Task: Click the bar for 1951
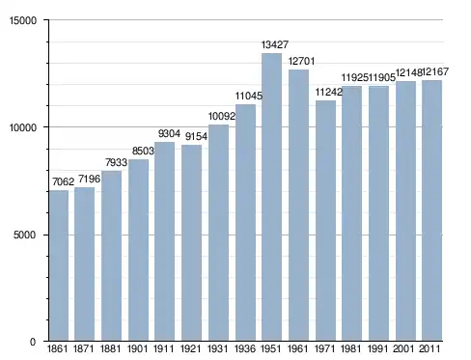tap(272, 197)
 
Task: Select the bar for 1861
tap(59, 265)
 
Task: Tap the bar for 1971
tap(325, 220)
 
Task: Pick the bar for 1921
tap(191, 242)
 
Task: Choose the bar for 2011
tap(431, 210)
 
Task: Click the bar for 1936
tap(245, 222)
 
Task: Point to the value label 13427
tap(275, 44)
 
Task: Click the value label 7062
tap(63, 181)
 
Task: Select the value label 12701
tap(301, 61)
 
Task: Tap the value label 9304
tap(169, 133)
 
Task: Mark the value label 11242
tap(328, 92)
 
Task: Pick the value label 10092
tap(222, 116)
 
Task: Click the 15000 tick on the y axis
tap(23, 20)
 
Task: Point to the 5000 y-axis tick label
tap(24, 235)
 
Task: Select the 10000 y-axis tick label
tap(23, 127)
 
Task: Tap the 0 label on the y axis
tap(33, 342)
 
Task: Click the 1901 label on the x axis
tap(137, 348)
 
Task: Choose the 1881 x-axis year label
tap(110, 348)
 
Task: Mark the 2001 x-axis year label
tap(403, 348)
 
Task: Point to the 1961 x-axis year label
tap(298, 348)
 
